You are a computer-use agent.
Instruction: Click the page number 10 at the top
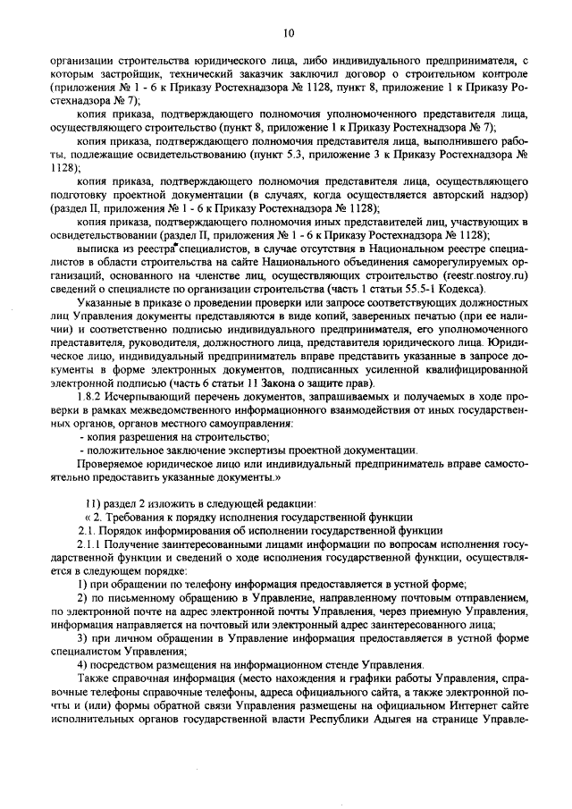[x=288, y=33]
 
